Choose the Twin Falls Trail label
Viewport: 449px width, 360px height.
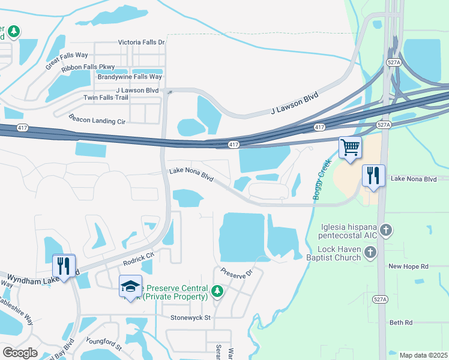[106, 97]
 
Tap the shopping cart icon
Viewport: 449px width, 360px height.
[350, 147]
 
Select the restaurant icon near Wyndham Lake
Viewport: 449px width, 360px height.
[64, 265]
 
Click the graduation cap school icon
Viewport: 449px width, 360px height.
[130, 286]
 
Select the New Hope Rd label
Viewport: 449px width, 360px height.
[408, 266]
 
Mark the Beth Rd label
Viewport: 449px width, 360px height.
[401, 322]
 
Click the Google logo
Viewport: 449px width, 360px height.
[20, 352]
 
